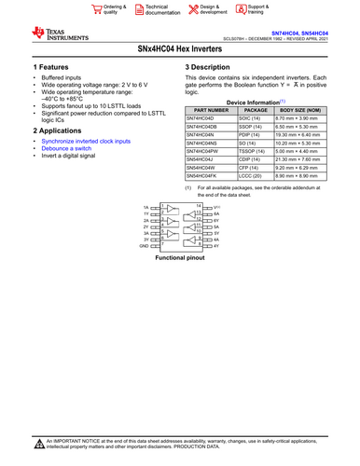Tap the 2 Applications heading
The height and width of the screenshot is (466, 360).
[x=59, y=130]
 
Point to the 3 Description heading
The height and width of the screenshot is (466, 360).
[x=215, y=68]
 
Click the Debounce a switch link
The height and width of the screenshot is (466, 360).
[x=67, y=148]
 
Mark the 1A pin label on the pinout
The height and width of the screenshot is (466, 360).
[x=145, y=207]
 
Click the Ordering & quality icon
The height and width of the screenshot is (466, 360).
[x=97, y=9]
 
